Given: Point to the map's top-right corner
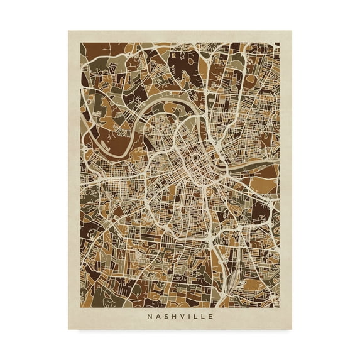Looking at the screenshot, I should [x=280, y=43].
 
